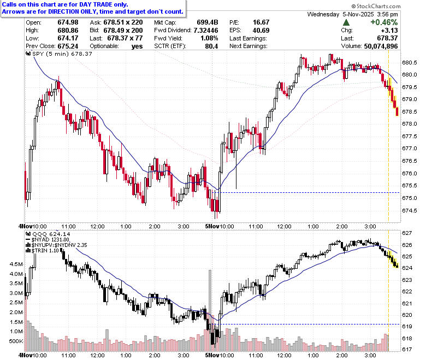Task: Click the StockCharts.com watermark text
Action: pos(376,6)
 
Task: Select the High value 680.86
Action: pos(68,31)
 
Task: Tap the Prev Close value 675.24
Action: pos(68,46)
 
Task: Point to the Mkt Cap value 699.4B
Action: pos(208,22)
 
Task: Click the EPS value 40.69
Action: pos(261,31)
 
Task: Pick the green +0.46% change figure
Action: pos(384,22)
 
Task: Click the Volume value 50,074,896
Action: pos(381,46)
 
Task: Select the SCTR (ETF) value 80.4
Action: pos(212,46)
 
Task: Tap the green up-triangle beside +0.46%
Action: pos(346,22)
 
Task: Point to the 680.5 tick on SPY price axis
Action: pos(410,63)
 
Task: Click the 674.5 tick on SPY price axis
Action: pos(410,210)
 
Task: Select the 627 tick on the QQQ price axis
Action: pos(407,233)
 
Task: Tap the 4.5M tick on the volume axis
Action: pos(16,264)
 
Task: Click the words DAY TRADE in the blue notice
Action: pos(96,4)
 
